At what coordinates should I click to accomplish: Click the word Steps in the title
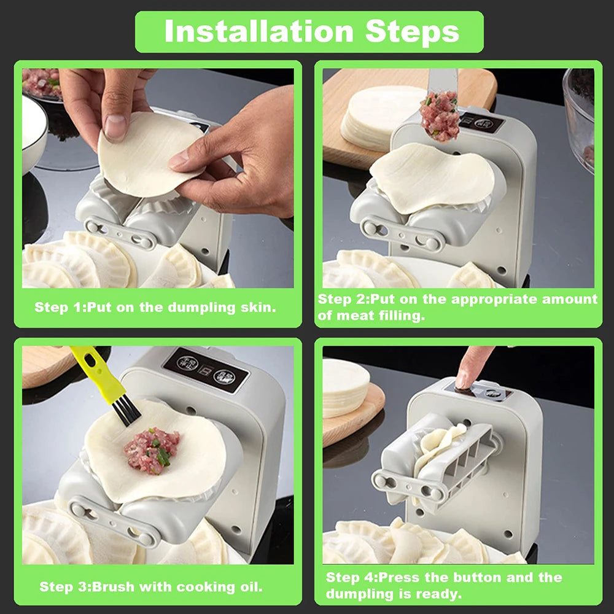coord(413,32)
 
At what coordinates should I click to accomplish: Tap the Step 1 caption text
coord(155,307)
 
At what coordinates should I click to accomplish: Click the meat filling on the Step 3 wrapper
coord(151,451)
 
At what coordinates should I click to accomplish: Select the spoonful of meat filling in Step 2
coord(440,117)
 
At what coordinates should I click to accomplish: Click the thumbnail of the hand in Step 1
coord(115,127)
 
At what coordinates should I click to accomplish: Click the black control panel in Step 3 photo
coord(205,368)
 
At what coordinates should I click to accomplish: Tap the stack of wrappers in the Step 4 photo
coord(345,387)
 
